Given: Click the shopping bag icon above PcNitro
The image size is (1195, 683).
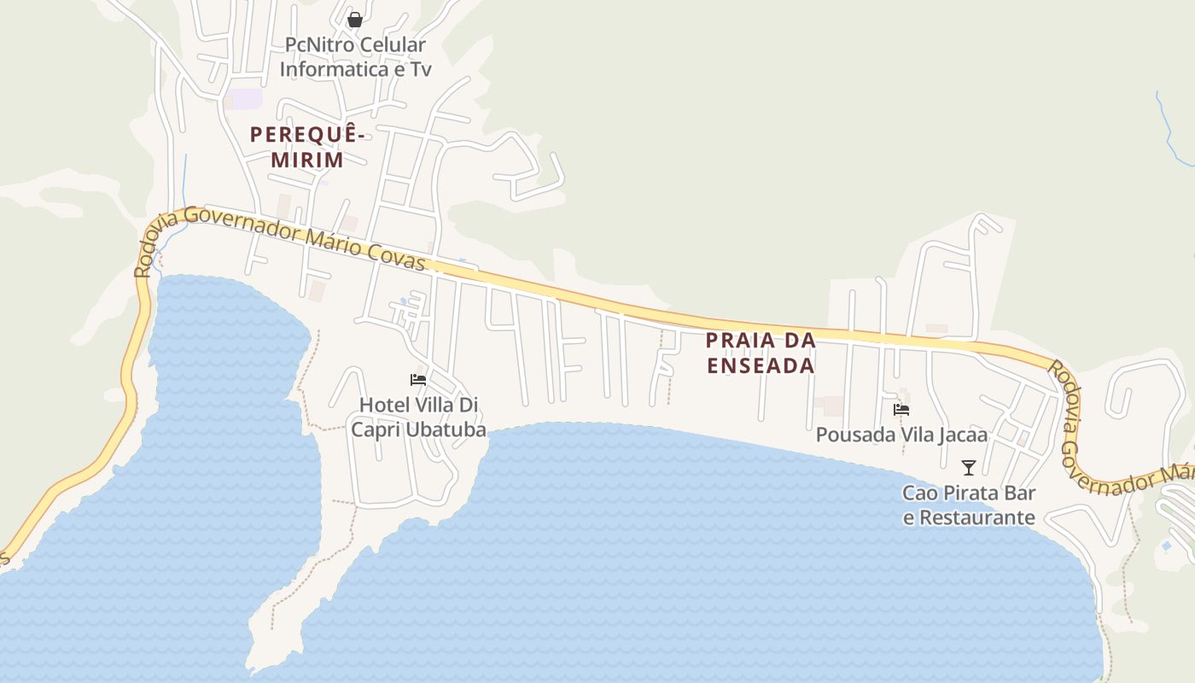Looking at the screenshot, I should pos(355,19).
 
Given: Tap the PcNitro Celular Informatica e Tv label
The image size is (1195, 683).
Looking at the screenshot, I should pos(355,56).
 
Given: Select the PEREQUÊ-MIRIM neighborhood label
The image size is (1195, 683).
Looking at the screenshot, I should pos(307,147).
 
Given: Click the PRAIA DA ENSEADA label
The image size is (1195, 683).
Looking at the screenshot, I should pos(761,353).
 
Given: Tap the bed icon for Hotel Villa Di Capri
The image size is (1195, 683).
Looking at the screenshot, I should pos(418,380).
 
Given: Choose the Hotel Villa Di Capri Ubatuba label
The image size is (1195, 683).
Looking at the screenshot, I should pos(419,417).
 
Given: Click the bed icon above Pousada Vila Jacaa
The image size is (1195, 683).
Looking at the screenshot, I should pos(901,410).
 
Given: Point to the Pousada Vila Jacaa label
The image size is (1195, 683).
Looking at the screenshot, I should pos(901,435).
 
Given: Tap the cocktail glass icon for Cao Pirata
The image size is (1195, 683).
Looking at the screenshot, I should pos(969,467).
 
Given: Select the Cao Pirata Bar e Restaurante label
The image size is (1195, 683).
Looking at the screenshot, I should pos(969,505).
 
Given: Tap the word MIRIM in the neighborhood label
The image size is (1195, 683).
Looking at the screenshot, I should pos(307,160).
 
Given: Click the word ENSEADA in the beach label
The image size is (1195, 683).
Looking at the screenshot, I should pos(761,365).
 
